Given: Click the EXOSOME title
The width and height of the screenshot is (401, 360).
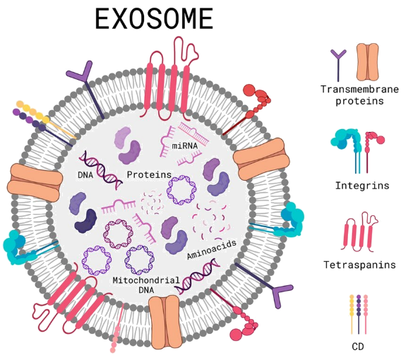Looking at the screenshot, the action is (154, 19).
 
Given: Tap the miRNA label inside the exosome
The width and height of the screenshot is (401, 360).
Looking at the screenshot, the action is (185, 146).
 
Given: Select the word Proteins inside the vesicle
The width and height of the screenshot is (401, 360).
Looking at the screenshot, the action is (149, 174).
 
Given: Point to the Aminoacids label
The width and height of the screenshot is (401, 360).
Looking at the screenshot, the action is (212, 249).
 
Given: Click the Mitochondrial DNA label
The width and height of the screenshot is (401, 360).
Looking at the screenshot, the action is (146, 285).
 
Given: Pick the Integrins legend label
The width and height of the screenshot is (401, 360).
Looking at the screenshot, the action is (362, 186).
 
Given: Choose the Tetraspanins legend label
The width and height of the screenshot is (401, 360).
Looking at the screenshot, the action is (359, 265).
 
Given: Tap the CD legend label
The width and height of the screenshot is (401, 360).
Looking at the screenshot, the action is (358, 347).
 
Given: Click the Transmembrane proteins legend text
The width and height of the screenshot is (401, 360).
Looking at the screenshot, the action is (359, 95).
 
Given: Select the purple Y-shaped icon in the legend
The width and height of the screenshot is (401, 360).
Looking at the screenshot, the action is (338, 65).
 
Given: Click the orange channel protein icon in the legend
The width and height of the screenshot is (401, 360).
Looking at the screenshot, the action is (368, 62).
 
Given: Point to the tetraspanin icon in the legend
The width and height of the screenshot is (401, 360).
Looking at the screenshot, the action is (360, 232).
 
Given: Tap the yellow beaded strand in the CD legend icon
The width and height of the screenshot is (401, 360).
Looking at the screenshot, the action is (352, 314).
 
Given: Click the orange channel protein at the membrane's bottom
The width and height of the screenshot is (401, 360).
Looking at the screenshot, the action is (165, 322).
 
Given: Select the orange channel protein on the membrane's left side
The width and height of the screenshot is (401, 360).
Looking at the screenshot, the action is (35, 182).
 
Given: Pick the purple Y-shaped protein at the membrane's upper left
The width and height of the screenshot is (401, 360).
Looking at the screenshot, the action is (85, 90).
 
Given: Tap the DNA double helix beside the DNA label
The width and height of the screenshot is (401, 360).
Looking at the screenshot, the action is (101, 170).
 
